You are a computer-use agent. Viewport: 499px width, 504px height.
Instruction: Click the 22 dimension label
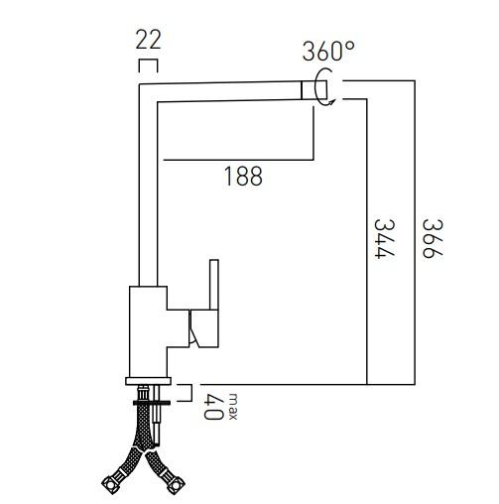click(148, 41)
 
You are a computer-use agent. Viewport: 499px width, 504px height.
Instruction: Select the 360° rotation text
click(328, 52)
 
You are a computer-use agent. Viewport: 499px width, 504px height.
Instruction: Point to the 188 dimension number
click(243, 177)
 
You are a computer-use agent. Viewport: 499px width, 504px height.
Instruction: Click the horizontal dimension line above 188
click(238, 159)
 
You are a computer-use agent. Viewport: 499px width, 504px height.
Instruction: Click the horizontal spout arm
click(228, 90)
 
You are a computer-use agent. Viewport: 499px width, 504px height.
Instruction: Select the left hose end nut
click(110, 485)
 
